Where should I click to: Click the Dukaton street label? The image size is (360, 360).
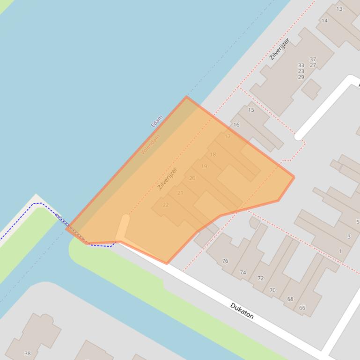(242, 311)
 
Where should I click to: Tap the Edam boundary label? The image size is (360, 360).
(156, 121)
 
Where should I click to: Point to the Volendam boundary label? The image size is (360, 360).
(151, 144)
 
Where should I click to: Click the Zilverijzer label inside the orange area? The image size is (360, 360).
(168, 178)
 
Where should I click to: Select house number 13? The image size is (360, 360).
(339, 9)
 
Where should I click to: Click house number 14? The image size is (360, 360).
(324, 21)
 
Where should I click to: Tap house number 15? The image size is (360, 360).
(251, 110)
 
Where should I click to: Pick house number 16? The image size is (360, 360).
(236, 125)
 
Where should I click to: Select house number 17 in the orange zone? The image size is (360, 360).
(228, 137)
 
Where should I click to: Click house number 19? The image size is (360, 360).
(204, 166)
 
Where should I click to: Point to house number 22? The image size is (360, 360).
(166, 205)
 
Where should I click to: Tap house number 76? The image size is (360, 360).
(225, 261)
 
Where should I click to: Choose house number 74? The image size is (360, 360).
(243, 273)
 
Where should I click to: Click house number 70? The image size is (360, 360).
(272, 290)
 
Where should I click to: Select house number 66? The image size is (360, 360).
(302, 308)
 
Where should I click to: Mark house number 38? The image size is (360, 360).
(27, 353)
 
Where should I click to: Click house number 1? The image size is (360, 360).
(340, 252)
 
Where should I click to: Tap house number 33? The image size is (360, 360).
(301, 65)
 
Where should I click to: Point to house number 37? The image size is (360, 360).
(313, 59)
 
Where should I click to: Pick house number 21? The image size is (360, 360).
(180, 193)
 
